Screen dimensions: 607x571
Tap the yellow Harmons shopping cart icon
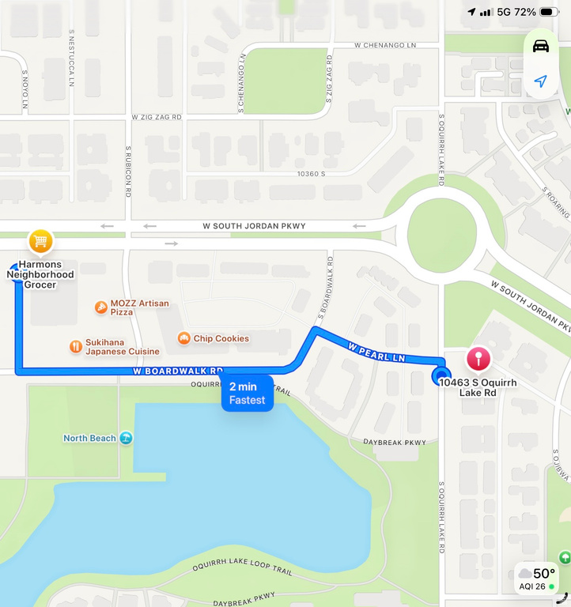[40, 241]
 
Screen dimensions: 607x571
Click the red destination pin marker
[478, 360]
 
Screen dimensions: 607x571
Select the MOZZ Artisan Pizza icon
[101, 307]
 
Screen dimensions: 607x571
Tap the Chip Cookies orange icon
[183, 338]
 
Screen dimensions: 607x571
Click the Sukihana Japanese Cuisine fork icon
[75, 346]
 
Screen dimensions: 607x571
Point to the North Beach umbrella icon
[126, 438]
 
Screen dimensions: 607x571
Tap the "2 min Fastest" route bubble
[247, 393]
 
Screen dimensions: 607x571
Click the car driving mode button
[541, 46]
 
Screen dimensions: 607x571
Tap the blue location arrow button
[541, 81]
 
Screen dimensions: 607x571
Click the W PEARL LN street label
[376, 353]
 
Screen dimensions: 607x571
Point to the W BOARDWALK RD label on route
[178, 370]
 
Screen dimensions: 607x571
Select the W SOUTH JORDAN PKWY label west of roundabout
[254, 226]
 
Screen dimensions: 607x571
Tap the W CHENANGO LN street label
[385, 45]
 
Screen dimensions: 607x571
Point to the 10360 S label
[311, 173]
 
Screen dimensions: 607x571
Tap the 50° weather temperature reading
[544, 573]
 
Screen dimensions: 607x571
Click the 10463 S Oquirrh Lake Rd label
[468, 387]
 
